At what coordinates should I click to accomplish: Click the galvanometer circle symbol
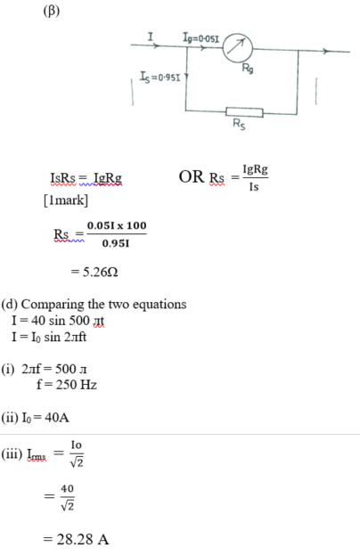pos(238,47)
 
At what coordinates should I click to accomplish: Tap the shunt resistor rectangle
pos(244,112)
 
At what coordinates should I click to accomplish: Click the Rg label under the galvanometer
pos(248,68)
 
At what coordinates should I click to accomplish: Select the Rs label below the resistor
pos(239,124)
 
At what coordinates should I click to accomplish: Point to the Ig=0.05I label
pos(201,37)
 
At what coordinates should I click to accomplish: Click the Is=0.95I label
pos(160,77)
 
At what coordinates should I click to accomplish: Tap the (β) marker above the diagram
pos(52,11)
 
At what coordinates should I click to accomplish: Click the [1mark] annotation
pos(66,200)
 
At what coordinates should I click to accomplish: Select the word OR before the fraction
pos(192,176)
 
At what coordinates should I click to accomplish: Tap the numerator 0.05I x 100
pos(117,225)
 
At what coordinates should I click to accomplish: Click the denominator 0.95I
pos(116,243)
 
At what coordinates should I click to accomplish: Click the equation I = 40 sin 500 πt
pos(58,321)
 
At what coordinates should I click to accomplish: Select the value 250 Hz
pos(76,384)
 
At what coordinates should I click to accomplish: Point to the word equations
pos(159,305)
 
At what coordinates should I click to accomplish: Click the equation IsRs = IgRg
pos(86,178)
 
